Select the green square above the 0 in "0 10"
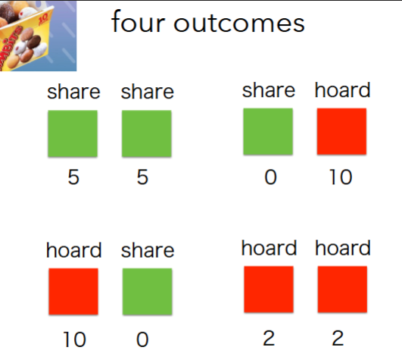point(268,132)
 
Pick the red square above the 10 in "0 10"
point(341,132)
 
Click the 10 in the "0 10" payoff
point(341,178)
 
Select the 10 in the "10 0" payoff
point(74,339)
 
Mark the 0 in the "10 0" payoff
point(142,339)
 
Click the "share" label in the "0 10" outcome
point(269,90)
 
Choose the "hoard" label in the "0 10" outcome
point(343,90)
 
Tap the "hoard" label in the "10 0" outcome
point(74,250)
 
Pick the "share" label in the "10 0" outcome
point(148,250)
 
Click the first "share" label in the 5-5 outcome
point(73,92)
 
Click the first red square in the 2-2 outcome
point(268,290)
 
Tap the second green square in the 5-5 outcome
point(147,134)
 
